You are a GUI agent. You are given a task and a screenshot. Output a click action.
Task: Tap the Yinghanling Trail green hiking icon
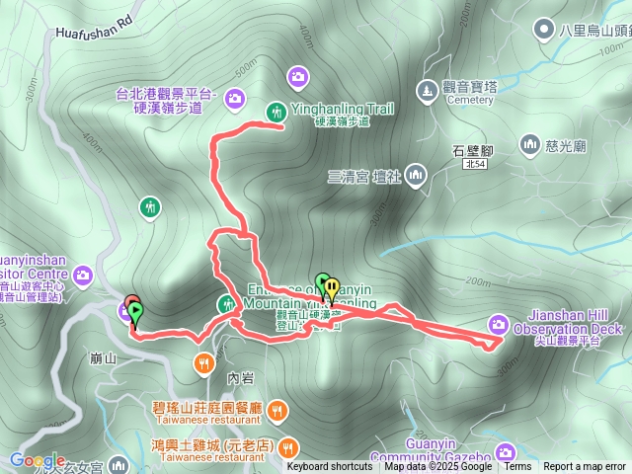pyautogui.click(x=276, y=109)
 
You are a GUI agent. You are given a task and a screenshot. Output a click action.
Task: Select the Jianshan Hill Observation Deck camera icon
pyautogui.click(x=498, y=323)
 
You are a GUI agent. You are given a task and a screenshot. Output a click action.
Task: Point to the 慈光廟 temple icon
pyautogui.click(x=529, y=145)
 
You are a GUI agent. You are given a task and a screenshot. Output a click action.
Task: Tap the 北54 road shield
pyautogui.click(x=474, y=165)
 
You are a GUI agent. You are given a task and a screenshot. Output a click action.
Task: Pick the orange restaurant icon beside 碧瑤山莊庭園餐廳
pyautogui.click(x=278, y=408)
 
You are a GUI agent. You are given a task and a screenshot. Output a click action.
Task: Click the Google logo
pyautogui.click(x=37, y=461)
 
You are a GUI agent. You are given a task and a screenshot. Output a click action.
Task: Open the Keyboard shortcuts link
pyautogui.click(x=330, y=466)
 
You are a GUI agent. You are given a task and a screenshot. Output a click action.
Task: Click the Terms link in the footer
pyautogui.click(x=517, y=466)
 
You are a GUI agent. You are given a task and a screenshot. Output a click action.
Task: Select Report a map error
pyautogui.click(x=585, y=466)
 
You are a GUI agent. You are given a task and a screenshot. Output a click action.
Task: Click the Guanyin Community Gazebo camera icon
pyautogui.click(x=507, y=452)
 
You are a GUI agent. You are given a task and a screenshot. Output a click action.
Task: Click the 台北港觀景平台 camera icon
pyautogui.click(x=234, y=97)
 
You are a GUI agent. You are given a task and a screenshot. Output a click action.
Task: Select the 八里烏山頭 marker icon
pyautogui.click(x=542, y=30)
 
